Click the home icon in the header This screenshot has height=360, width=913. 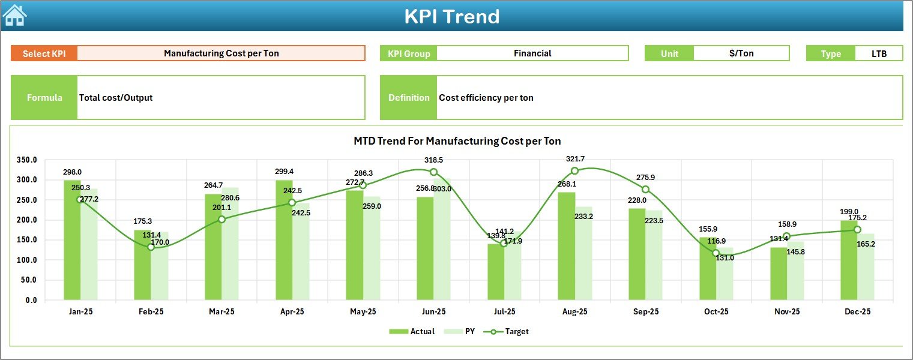tap(14, 16)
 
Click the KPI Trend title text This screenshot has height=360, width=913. tap(451, 16)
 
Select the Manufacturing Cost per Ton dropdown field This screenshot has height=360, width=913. tap(221, 53)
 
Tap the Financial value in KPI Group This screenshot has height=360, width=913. tap(532, 53)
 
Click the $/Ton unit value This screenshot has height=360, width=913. tap(741, 53)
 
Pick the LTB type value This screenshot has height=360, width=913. tap(879, 53)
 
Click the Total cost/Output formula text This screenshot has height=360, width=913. tap(116, 98)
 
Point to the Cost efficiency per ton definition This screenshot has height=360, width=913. tap(486, 98)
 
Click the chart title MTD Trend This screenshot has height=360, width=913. tap(457, 141)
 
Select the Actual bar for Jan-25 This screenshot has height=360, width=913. tap(72, 240)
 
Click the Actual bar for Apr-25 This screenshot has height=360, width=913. tap(284, 240)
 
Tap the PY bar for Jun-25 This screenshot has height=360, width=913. tap(442, 240)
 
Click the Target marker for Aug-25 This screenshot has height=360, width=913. tap(574, 171)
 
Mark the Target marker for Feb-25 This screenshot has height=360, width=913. tap(151, 247)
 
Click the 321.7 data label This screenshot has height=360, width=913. tap(574, 159)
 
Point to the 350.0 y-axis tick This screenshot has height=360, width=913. tap(27, 160)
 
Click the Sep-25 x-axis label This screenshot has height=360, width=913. tap(645, 312)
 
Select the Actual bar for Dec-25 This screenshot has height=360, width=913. tap(849, 260)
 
